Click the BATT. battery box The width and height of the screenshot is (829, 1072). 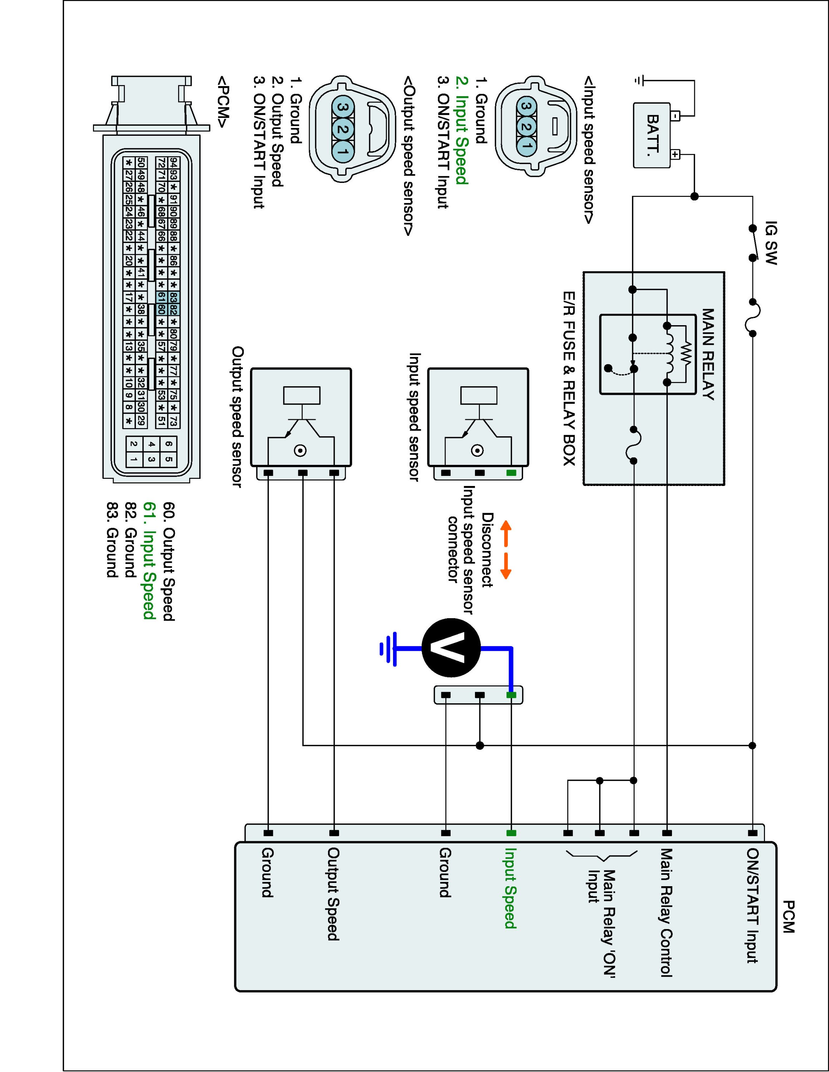point(652,135)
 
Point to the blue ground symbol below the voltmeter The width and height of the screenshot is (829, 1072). point(388,649)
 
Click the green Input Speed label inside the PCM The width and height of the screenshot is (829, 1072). point(510,888)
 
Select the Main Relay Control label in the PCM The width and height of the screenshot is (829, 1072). point(666,913)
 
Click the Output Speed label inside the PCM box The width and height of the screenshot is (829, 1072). point(333,894)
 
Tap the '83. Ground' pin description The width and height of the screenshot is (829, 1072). point(112,539)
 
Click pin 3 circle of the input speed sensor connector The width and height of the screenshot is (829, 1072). point(526,106)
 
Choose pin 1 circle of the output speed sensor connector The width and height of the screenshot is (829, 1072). point(344,152)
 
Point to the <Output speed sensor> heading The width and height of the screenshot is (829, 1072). point(408,155)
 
